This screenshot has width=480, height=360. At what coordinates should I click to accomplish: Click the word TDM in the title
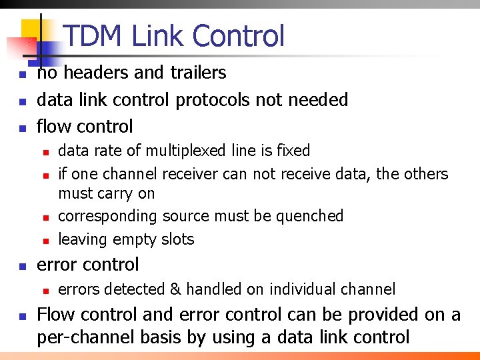pos(94,36)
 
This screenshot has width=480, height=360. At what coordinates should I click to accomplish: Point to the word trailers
pos(197,73)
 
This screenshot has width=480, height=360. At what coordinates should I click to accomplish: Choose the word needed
pos(319,100)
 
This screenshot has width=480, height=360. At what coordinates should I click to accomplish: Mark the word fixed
pos(293,151)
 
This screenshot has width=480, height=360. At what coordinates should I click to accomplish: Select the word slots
pos(177,239)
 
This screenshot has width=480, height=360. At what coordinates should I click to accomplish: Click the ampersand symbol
pos(175,289)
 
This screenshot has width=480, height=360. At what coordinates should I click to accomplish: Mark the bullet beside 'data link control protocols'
pos(22,101)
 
